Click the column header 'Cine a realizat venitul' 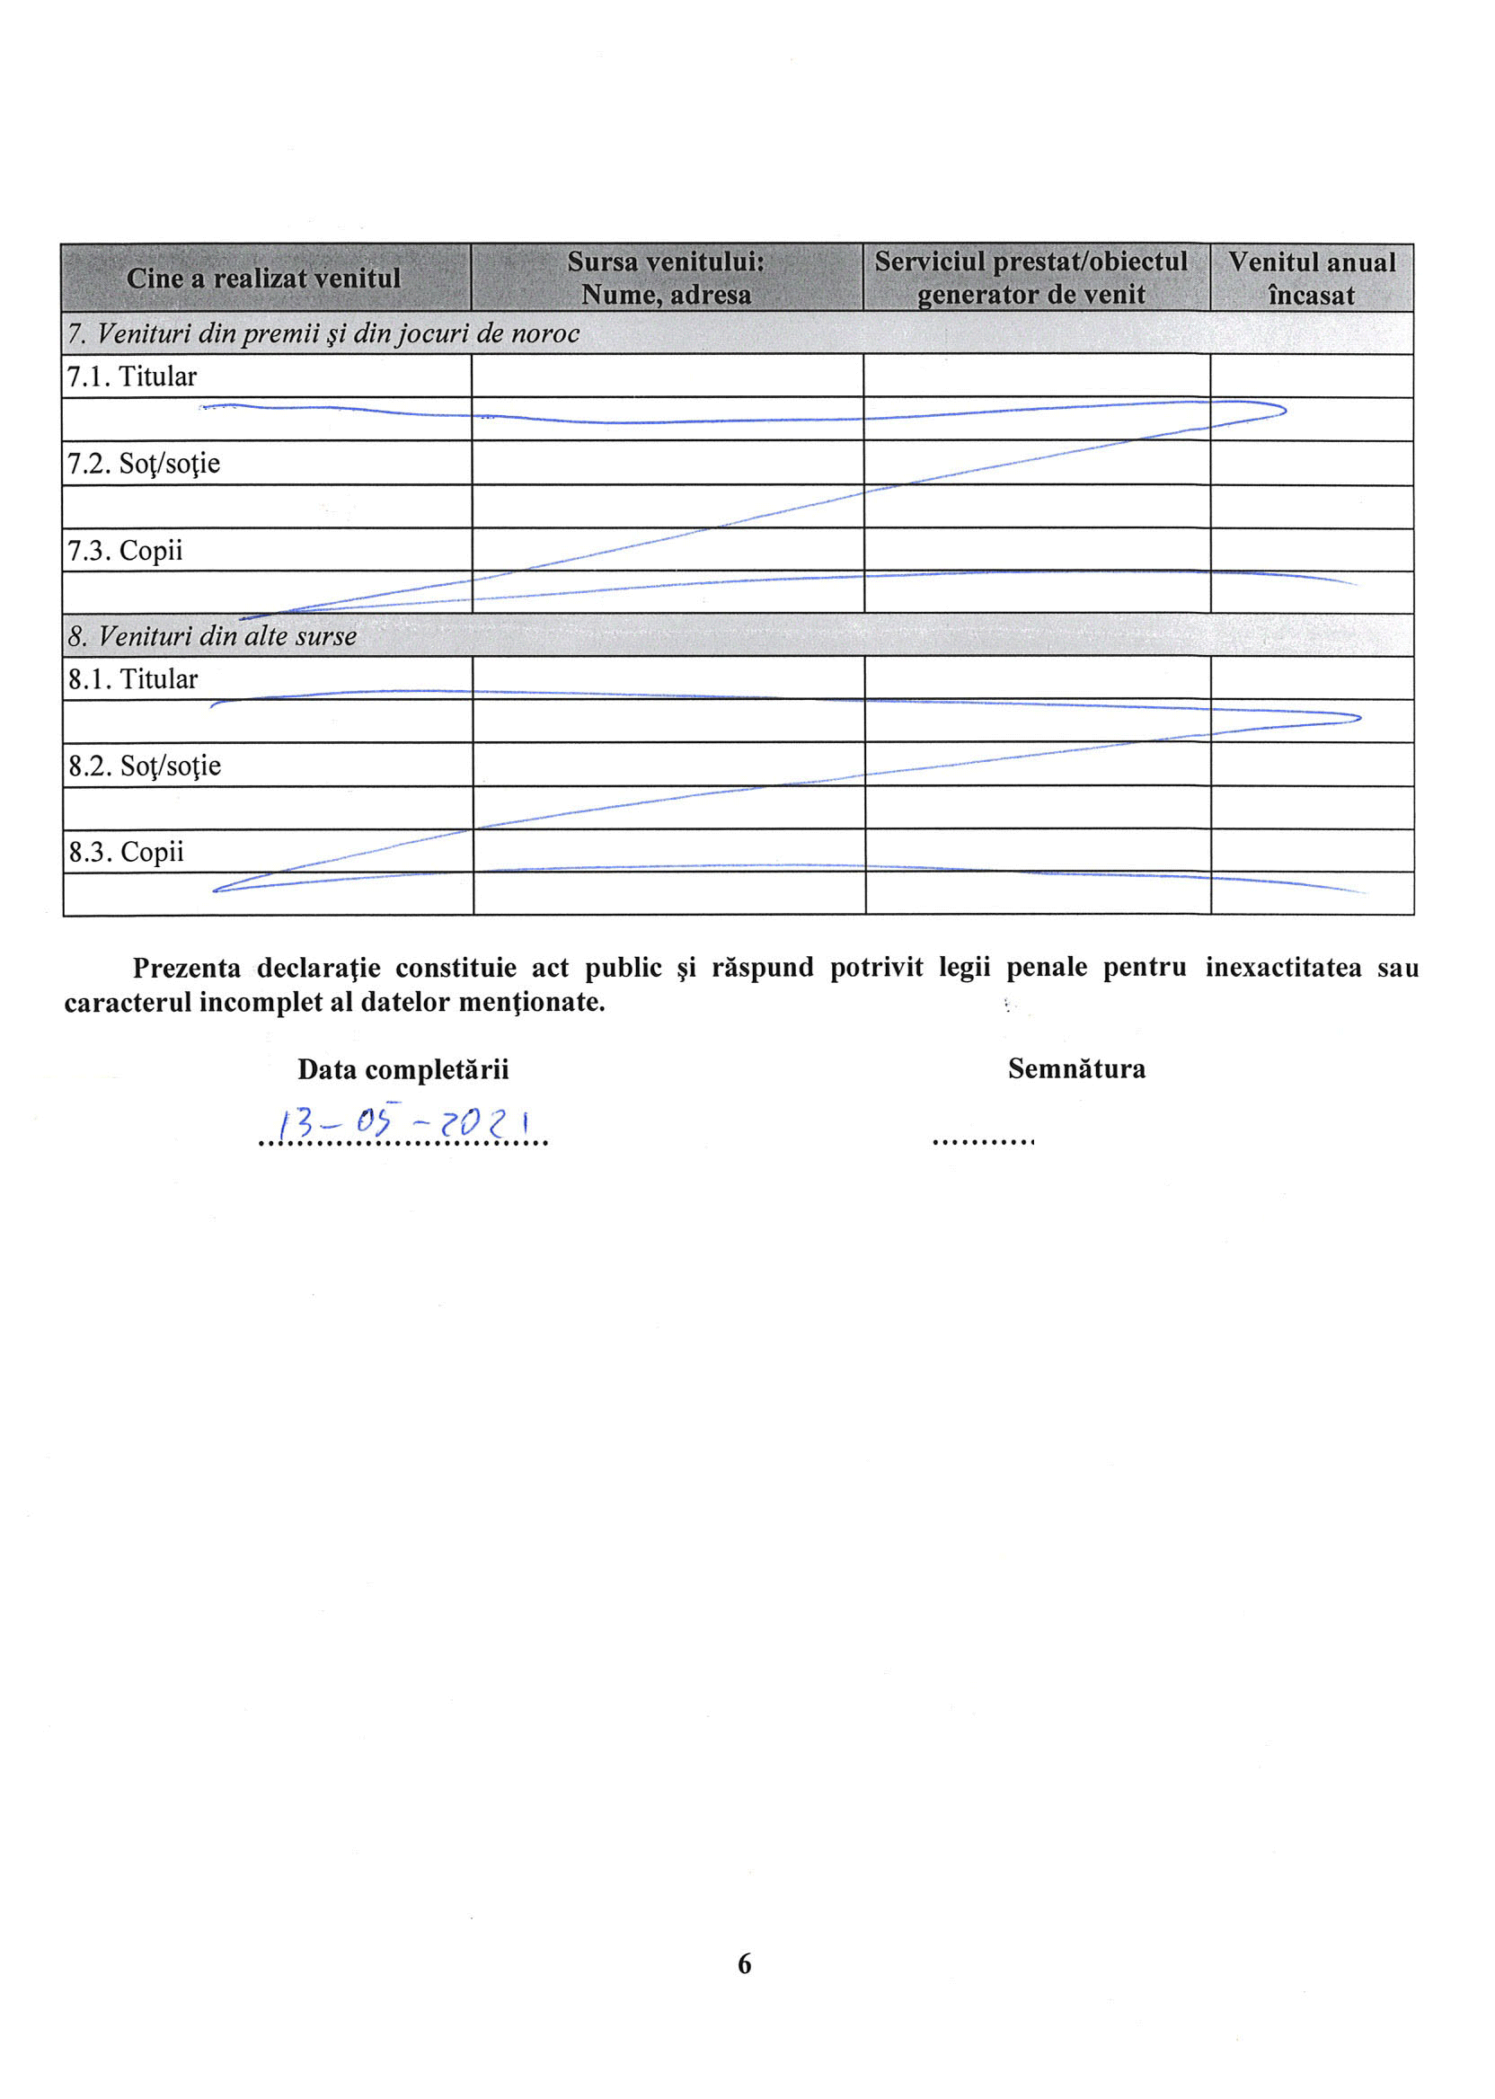(x=263, y=278)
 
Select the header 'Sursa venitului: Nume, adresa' (x=666, y=278)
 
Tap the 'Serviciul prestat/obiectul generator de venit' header (x=1031, y=278)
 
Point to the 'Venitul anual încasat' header (x=1311, y=278)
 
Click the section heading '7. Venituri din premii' (x=323, y=333)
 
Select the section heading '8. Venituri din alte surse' (x=212, y=636)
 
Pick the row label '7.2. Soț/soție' (x=143, y=463)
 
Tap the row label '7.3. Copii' (x=124, y=551)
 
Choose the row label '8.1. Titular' (x=133, y=679)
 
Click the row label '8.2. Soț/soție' (x=144, y=766)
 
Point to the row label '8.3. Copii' (x=125, y=853)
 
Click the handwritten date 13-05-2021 (x=404, y=1123)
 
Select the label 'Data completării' (x=402, y=1070)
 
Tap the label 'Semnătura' (x=1076, y=1069)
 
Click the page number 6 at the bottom (x=744, y=1963)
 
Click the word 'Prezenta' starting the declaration (x=187, y=969)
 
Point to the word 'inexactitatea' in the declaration (x=1283, y=969)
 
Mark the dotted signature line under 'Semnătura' (x=982, y=1142)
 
